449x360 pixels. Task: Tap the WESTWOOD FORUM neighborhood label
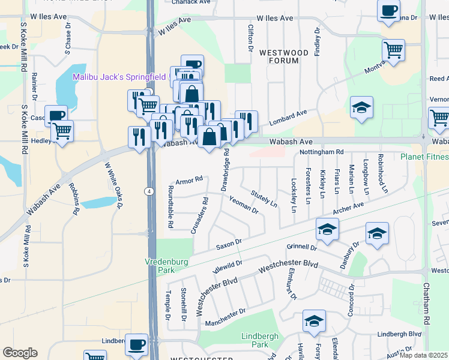284,57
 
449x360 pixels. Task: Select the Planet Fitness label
424,157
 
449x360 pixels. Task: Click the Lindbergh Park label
259,341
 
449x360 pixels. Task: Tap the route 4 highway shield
148,191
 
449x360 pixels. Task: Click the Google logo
20,352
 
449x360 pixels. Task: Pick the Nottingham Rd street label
321,152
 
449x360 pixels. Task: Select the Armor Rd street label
190,179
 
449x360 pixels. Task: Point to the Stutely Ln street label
264,199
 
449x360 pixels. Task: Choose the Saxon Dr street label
228,244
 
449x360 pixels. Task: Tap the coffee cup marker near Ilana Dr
388,11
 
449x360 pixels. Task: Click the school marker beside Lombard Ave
361,108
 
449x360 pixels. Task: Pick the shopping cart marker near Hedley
62,131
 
